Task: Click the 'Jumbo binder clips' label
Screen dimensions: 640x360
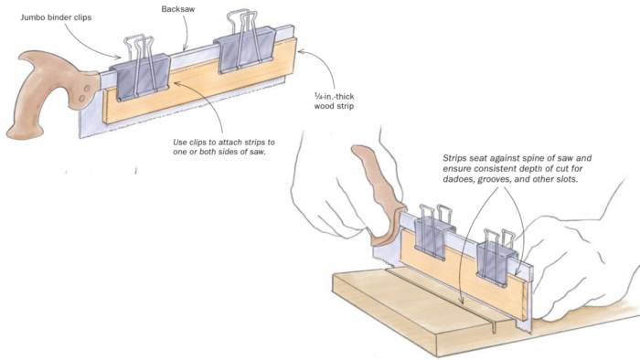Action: click(56, 17)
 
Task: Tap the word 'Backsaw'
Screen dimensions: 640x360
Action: click(178, 9)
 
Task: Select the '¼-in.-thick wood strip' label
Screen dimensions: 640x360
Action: click(334, 101)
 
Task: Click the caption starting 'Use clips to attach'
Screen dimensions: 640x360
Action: click(224, 147)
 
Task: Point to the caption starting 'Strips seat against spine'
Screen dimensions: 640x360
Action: click(517, 168)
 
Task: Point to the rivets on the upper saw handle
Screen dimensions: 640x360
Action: click(84, 93)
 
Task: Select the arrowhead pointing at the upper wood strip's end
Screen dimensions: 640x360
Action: click(301, 51)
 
